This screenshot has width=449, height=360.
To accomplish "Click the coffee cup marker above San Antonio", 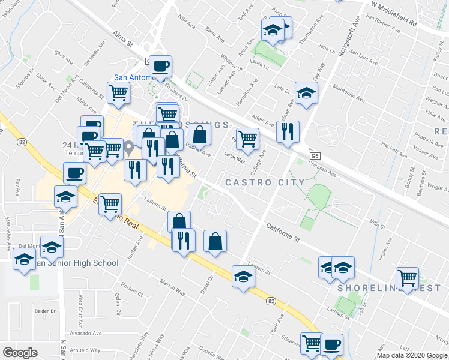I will coord(160,66).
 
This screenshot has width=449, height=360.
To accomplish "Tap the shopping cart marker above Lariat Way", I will coord(247,140).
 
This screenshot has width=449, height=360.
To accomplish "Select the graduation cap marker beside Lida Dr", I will coord(306,93).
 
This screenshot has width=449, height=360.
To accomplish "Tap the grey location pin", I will coord(128,146).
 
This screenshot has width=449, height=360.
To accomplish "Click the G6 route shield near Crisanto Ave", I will coord(315,155).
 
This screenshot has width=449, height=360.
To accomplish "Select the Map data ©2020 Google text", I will coord(412,355).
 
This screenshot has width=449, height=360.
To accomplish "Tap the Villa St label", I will coord(378,224).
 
